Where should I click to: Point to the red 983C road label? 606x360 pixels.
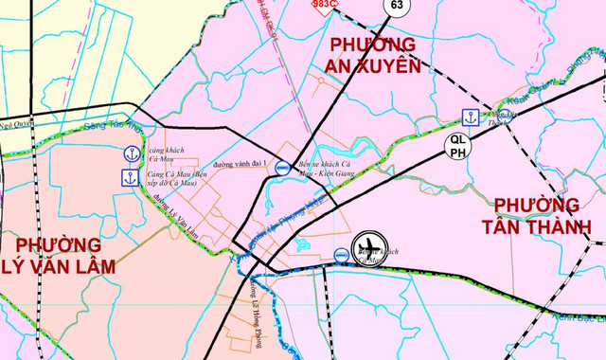coord(326,5)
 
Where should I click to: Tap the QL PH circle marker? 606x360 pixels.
coord(457,145)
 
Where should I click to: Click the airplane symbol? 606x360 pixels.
coord(368,248)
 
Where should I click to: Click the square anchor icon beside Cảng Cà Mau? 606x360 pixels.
coord(130,176)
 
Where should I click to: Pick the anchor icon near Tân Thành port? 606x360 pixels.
coord(469,117)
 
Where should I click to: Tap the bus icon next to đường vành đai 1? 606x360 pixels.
coord(282,163)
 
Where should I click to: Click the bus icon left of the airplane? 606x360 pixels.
coord(341,254)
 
